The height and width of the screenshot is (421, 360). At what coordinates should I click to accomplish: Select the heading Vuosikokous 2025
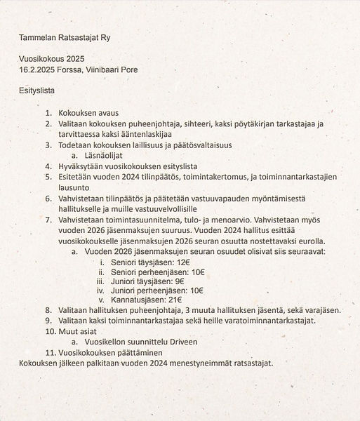[x=51, y=60]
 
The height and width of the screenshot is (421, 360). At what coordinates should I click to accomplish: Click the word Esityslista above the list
[x=37, y=91]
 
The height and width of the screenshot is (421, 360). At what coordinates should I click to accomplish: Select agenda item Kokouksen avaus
[x=89, y=113]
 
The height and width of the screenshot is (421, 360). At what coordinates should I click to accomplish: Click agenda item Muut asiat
[x=78, y=331]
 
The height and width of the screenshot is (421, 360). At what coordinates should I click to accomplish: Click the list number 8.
[x=48, y=310]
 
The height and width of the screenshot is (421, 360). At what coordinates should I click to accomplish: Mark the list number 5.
[x=48, y=178]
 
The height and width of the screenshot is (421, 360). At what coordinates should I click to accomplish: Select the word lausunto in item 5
[x=73, y=189]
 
